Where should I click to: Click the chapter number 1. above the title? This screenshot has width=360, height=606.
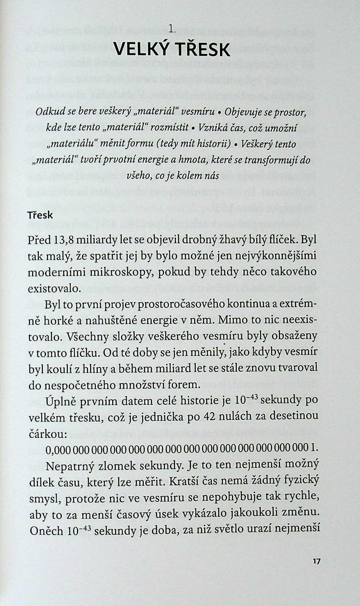pos(172,30)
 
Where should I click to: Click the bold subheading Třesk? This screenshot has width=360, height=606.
pos(40,215)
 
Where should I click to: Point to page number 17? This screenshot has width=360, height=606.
pos(316,562)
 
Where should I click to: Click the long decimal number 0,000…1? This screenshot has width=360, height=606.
pos(182,449)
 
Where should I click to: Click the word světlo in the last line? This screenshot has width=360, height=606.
pos(241,530)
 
